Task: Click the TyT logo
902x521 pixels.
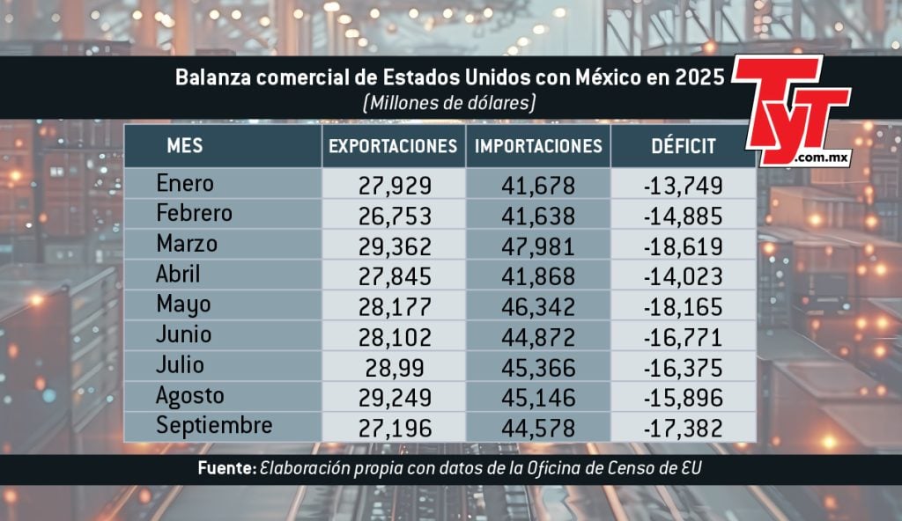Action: (790, 109)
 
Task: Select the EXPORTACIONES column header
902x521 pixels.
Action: (393, 146)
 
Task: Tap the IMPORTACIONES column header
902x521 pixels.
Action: (538, 146)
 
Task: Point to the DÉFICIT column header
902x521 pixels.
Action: (683, 146)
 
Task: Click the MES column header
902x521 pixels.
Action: (185, 145)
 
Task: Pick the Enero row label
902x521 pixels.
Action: (185, 184)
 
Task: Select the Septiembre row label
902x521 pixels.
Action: (214, 426)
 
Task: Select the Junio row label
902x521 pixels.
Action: (183, 335)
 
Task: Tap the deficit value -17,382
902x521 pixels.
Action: (683, 429)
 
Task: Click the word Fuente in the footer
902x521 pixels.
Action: (226, 470)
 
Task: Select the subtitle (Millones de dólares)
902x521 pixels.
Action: (449, 103)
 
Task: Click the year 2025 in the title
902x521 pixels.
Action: (700, 77)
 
